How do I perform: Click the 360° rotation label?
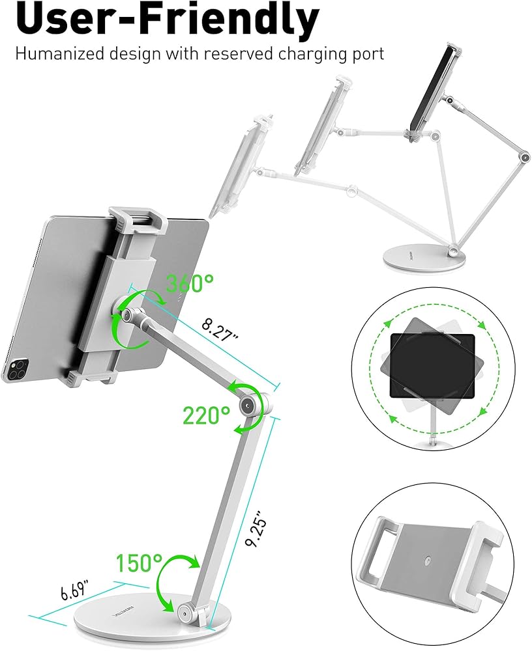pos(190,284)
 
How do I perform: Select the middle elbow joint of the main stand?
pos(248,407)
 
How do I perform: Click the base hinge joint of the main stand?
pos(186,612)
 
